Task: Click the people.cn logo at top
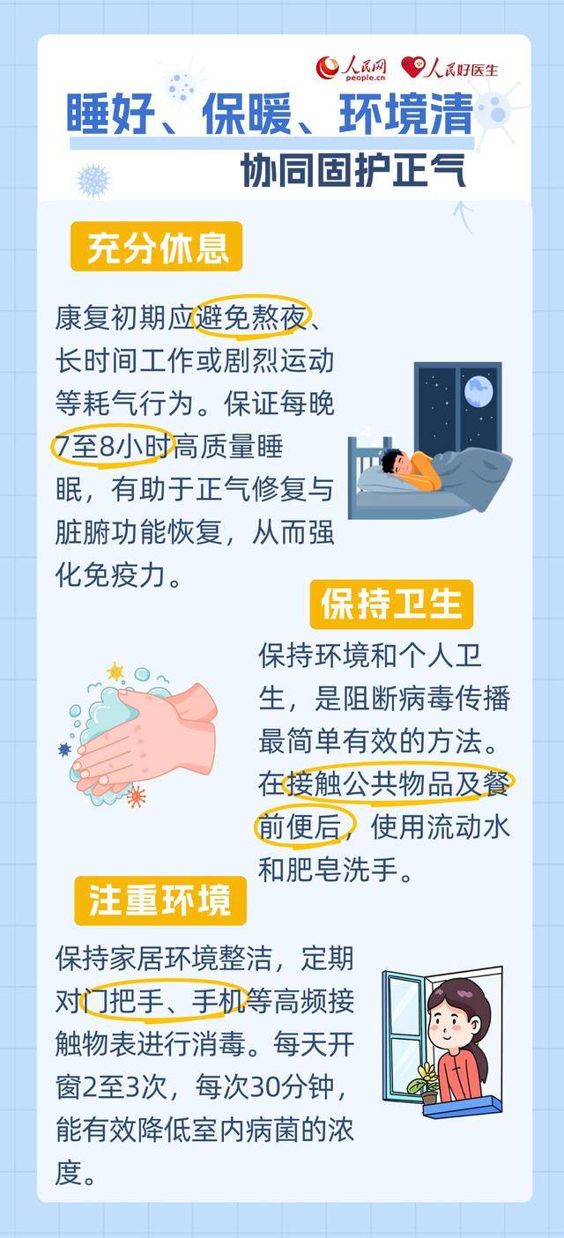point(352,67)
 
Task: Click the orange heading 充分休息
point(157,247)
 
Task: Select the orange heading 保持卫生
point(391,604)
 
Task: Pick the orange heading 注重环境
point(160,900)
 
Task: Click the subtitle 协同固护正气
point(353,171)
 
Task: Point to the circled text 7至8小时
point(111,448)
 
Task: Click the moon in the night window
point(478,389)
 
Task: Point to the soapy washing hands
point(145,732)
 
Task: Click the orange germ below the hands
point(136,797)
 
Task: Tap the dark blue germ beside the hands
point(63,749)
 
